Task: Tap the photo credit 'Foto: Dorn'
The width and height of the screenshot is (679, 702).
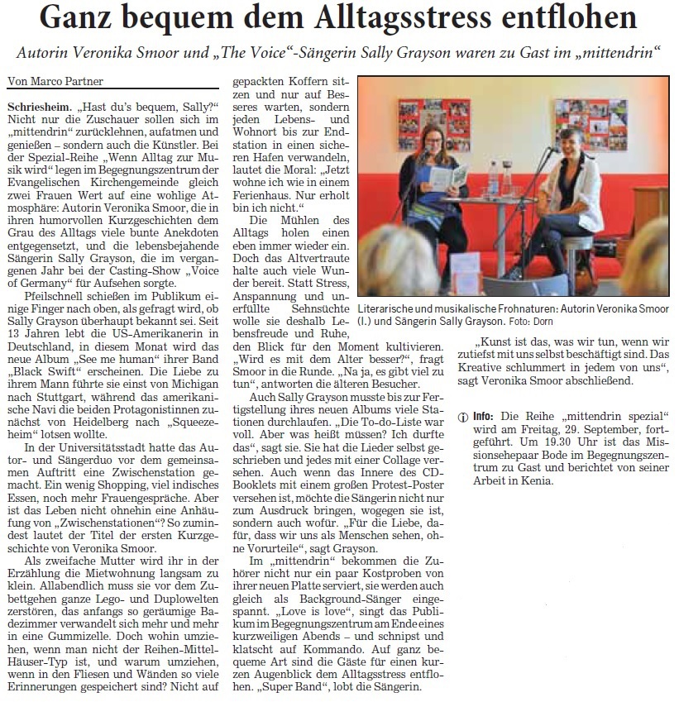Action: (534, 321)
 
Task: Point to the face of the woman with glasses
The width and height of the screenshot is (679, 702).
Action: (436, 141)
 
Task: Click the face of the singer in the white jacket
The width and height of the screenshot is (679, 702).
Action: (567, 143)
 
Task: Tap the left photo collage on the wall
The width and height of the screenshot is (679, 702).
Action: (421, 122)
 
